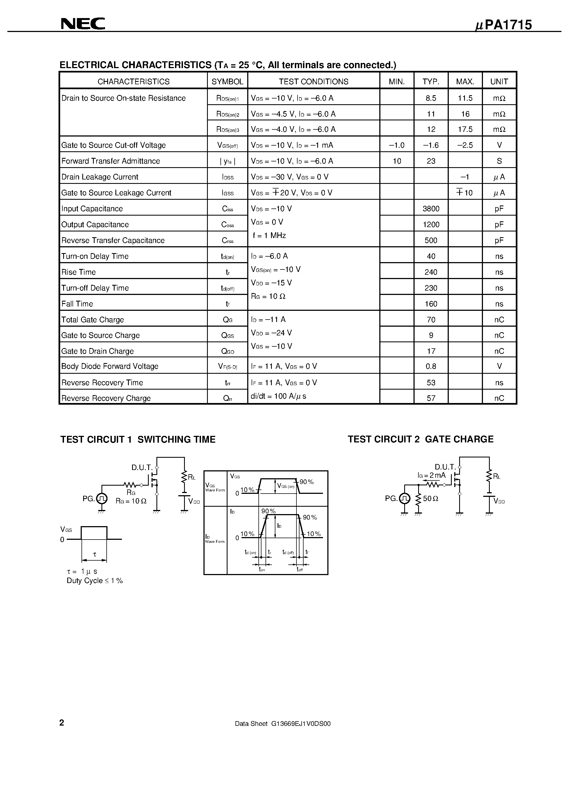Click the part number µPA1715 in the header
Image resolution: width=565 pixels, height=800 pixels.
[x=503, y=25]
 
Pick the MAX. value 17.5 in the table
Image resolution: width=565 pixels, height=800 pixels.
[x=465, y=129]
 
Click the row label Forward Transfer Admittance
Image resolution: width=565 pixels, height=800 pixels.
[x=110, y=161]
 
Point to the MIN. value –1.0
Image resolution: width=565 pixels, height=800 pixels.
[x=397, y=145]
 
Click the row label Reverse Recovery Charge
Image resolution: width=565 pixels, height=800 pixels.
[x=106, y=398]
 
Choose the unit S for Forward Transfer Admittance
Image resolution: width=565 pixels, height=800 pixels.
[x=499, y=161]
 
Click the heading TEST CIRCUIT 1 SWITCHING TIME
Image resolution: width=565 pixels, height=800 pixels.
[x=138, y=439]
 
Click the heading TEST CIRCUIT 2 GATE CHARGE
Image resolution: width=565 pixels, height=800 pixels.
[x=420, y=439]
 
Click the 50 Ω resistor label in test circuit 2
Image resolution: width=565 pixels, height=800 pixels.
[x=430, y=498]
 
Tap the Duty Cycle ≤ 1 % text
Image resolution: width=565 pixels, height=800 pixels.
[x=95, y=581]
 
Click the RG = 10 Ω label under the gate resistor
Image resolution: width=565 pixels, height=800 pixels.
[x=131, y=501]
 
